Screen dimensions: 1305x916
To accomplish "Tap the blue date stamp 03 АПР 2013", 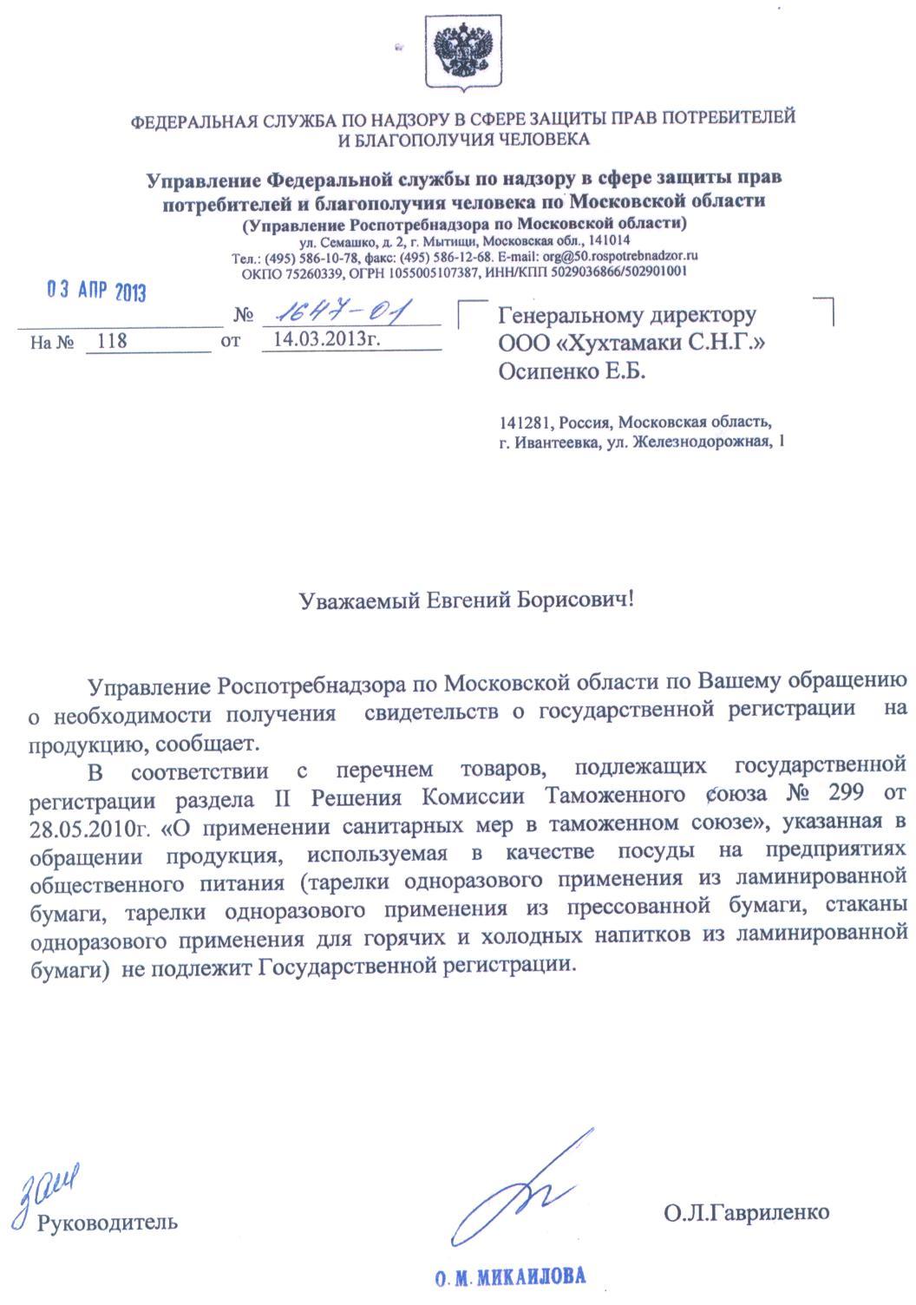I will click(96, 292).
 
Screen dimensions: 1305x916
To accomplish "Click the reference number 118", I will click(112, 341).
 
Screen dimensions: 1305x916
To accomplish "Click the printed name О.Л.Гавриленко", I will click(747, 1212).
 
